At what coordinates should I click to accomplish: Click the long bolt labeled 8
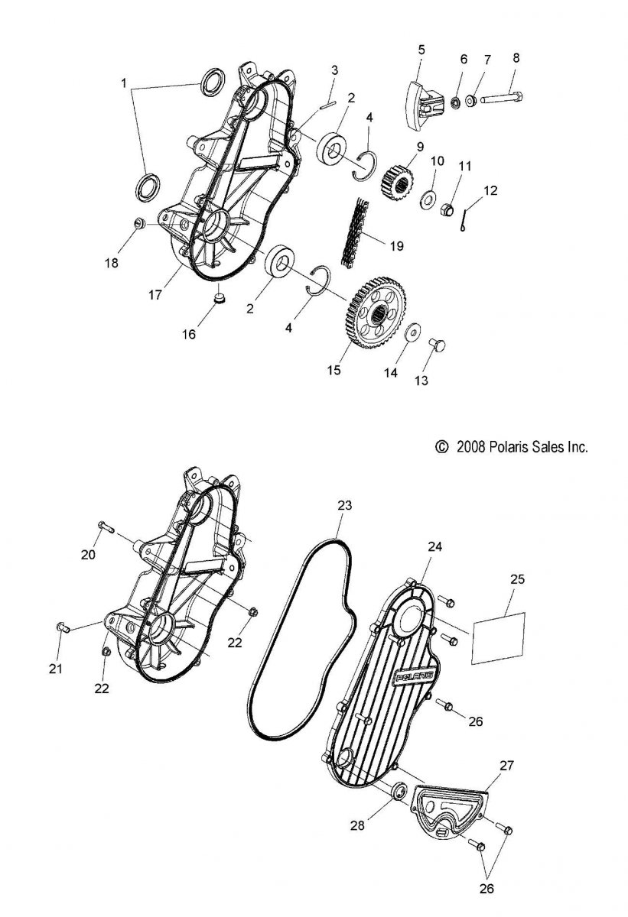coord(501,99)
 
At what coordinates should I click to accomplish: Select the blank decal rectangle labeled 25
coord(498,638)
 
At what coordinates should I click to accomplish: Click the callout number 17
coord(155,294)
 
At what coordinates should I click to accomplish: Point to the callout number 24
coord(435,546)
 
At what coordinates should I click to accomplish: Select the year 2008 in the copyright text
coord(470,446)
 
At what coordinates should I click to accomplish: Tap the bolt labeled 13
coord(437,345)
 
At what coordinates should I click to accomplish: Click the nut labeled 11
coord(447,210)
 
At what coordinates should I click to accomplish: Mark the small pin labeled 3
coord(327,105)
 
